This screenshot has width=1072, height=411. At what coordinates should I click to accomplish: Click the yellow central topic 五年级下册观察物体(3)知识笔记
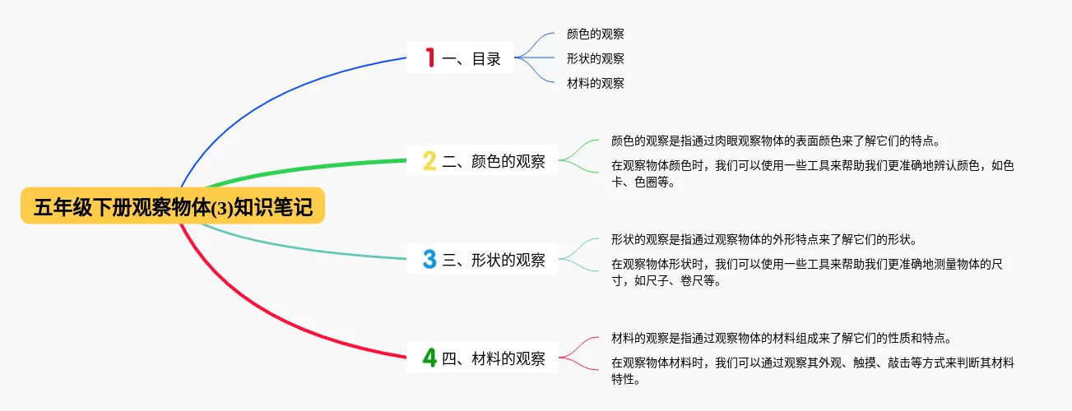pyautogui.click(x=173, y=205)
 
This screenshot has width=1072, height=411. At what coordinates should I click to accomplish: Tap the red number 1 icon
pyautogui.click(x=430, y=58)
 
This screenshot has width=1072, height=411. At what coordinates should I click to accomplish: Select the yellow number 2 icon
pyautogui.click(x=429, y=160)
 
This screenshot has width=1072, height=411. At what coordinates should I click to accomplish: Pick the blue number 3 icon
pyautogui.click(x=429, y=259)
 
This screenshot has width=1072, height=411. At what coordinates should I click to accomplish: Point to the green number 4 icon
pyautogui.click(x=429, y=358)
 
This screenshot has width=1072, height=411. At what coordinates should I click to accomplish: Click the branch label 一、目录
pyautogui.click(x=471, y=59)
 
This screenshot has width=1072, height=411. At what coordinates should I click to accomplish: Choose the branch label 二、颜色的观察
pyautogui.click(x=494, y=161)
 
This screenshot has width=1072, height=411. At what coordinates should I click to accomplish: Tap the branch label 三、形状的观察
pyautogui.click(x=494, y=260)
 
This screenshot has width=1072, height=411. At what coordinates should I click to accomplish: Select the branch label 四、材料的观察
pyautogui.click(x=494, y=358)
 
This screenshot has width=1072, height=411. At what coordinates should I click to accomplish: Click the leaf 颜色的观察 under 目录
pyautogui.click(x=596, y=34)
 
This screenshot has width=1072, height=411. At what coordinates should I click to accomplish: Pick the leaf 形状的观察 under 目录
pyautogui.click(x=596, y=59)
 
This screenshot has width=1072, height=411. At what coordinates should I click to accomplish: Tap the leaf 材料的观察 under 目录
pyautogui.click(x=596, y=83)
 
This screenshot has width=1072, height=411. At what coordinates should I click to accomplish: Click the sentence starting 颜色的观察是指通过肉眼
pyautogui.click(x=776, y=141)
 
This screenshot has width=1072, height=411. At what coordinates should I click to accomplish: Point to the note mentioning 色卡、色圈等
pyautogui.click(x=813, y=173)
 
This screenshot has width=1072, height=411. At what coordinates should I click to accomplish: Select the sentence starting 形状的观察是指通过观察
pyautogui.click(x=764, y=239)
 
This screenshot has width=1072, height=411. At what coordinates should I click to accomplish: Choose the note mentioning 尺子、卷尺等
pyautogui.click(x=807, y=272)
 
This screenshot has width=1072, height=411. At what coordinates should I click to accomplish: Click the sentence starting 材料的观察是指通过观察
pyautogui.click(x=782, y=339)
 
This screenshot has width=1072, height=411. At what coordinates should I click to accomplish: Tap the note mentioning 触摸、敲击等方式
pyautogui.click(x=813, y=371)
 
